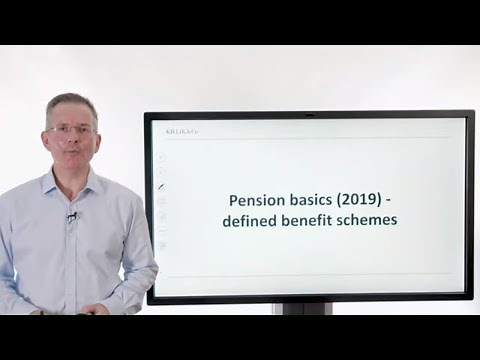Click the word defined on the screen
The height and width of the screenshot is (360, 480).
click(252, 220)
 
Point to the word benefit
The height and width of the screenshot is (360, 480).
click(311, 220)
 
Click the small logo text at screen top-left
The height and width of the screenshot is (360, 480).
click(176, 131)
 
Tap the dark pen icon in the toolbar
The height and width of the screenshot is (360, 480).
click(162, 185)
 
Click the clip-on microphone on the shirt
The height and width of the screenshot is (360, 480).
click(72, 217)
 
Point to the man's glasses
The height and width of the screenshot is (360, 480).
click(72, 130)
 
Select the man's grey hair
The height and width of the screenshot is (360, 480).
click(70, 104)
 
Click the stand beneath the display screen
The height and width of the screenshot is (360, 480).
click(305, 308)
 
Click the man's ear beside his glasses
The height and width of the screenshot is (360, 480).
click(47, 135)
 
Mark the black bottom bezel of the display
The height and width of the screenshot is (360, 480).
click(310, 297)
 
